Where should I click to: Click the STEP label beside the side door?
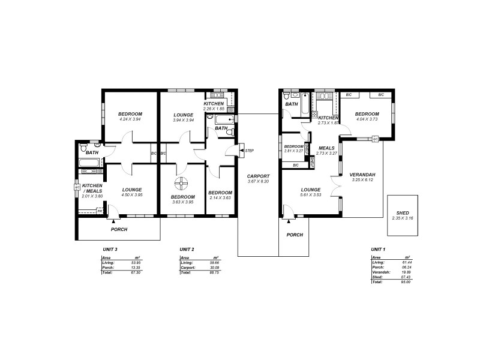(249, 150)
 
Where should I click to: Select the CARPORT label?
(259, 176)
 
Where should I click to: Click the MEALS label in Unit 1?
(326, 148)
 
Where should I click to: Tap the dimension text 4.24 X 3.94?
(130, 119)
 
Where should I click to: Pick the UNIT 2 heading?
(187, 249)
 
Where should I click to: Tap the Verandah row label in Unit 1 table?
(380, 272)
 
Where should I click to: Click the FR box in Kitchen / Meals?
(100, 211)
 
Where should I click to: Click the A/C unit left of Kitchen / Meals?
(77, 187)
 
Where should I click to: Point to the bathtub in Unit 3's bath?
(86, 162)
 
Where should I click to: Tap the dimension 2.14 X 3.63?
(220, 197)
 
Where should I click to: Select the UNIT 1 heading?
(378, 249)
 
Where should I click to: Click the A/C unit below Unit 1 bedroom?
(375, 139)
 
